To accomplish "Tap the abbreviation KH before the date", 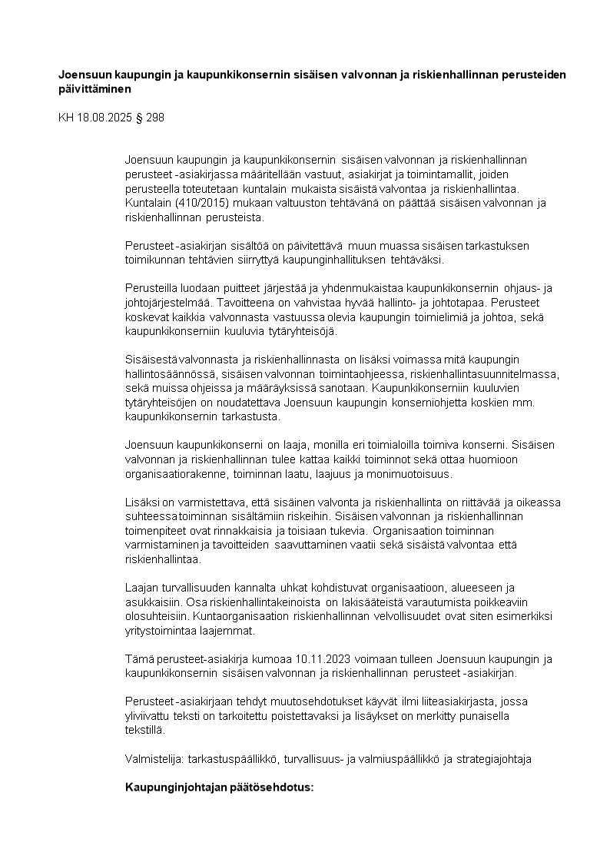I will tap(67, 118).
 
